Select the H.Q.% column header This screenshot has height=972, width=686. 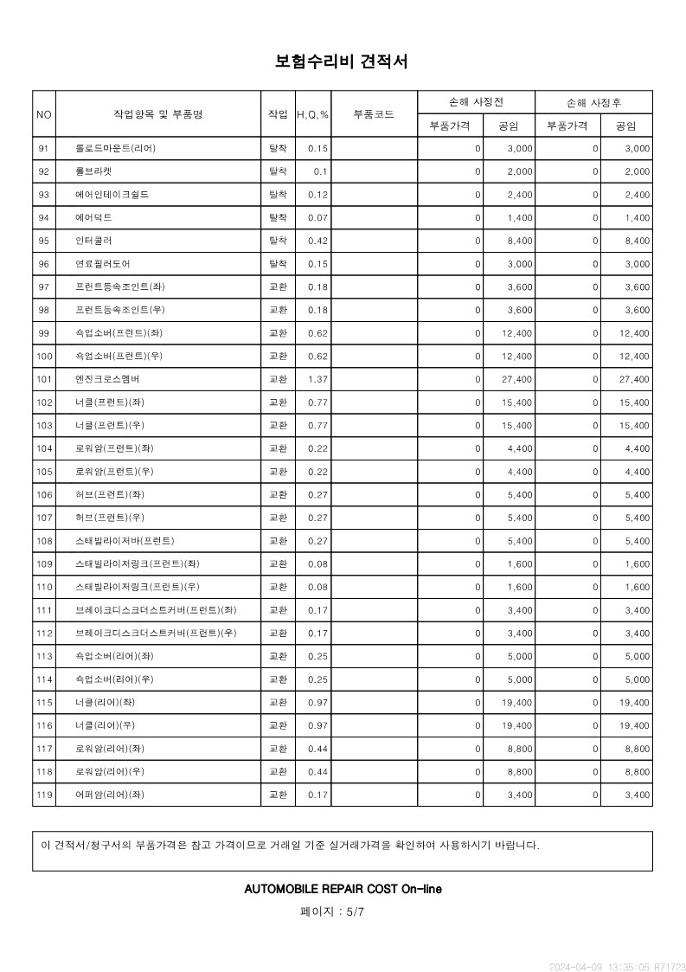pos(312,114)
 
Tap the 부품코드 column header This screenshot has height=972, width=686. pos(374,114)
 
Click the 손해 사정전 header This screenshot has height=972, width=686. pos(476,102)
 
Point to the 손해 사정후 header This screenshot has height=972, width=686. pos(593,102)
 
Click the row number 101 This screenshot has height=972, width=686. pos(44,379)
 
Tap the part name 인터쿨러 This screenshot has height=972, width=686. pos(93,241)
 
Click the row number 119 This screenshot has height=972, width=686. pos(44,795)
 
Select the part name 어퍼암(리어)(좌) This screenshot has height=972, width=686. pos(110,795)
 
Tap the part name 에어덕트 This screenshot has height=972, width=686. pos(93,217)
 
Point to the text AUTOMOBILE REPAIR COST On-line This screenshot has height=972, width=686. pos(343,889)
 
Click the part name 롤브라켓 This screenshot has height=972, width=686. pos(93,171)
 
